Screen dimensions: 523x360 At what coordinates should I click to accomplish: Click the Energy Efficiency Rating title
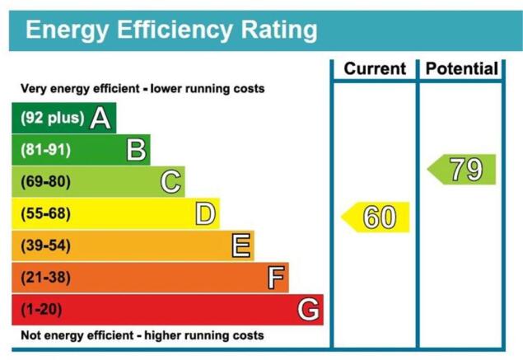point(171,30)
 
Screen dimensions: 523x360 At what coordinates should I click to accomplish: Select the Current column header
point(375,68)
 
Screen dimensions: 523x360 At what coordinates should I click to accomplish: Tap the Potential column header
point(462,68)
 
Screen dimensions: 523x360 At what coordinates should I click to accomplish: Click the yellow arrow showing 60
point(375,217)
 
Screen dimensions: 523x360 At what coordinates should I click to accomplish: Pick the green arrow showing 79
point(461,169)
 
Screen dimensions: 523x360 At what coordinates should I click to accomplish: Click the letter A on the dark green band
point(100,118)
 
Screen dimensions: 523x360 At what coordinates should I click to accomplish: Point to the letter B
point(136,150)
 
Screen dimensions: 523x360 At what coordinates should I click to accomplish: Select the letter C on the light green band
point(170,182)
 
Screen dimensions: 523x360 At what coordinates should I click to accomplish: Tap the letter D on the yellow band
point(205,214)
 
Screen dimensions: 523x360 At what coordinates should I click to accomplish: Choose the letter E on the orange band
point(240,245)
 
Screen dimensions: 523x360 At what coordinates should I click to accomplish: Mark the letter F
point(276,278)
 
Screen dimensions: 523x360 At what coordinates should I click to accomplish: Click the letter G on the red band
point(309,310)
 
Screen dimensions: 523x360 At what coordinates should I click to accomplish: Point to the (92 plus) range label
point(53,118)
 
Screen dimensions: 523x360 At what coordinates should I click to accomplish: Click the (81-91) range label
point(45,150)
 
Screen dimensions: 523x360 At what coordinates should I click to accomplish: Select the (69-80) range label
point(45,182)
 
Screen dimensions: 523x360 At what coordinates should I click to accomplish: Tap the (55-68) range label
point(45,213)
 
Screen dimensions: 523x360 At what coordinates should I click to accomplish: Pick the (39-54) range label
point(45,245)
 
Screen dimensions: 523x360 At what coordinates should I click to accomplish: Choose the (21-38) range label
point(45,278)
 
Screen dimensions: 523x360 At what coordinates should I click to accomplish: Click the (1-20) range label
point(41,310)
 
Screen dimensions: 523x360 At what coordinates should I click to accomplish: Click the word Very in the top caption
point(31,89)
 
